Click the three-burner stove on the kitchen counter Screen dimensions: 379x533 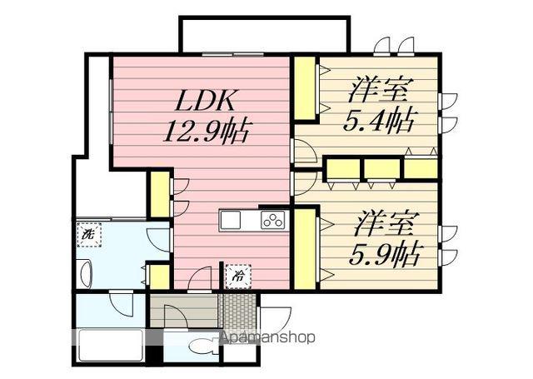pos(272,220)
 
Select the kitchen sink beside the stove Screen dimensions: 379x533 pos(231,220)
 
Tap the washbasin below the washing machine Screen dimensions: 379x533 pos(85,272)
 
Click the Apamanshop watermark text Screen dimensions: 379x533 pos(266,339)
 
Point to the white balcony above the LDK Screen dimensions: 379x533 pos(261,35)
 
